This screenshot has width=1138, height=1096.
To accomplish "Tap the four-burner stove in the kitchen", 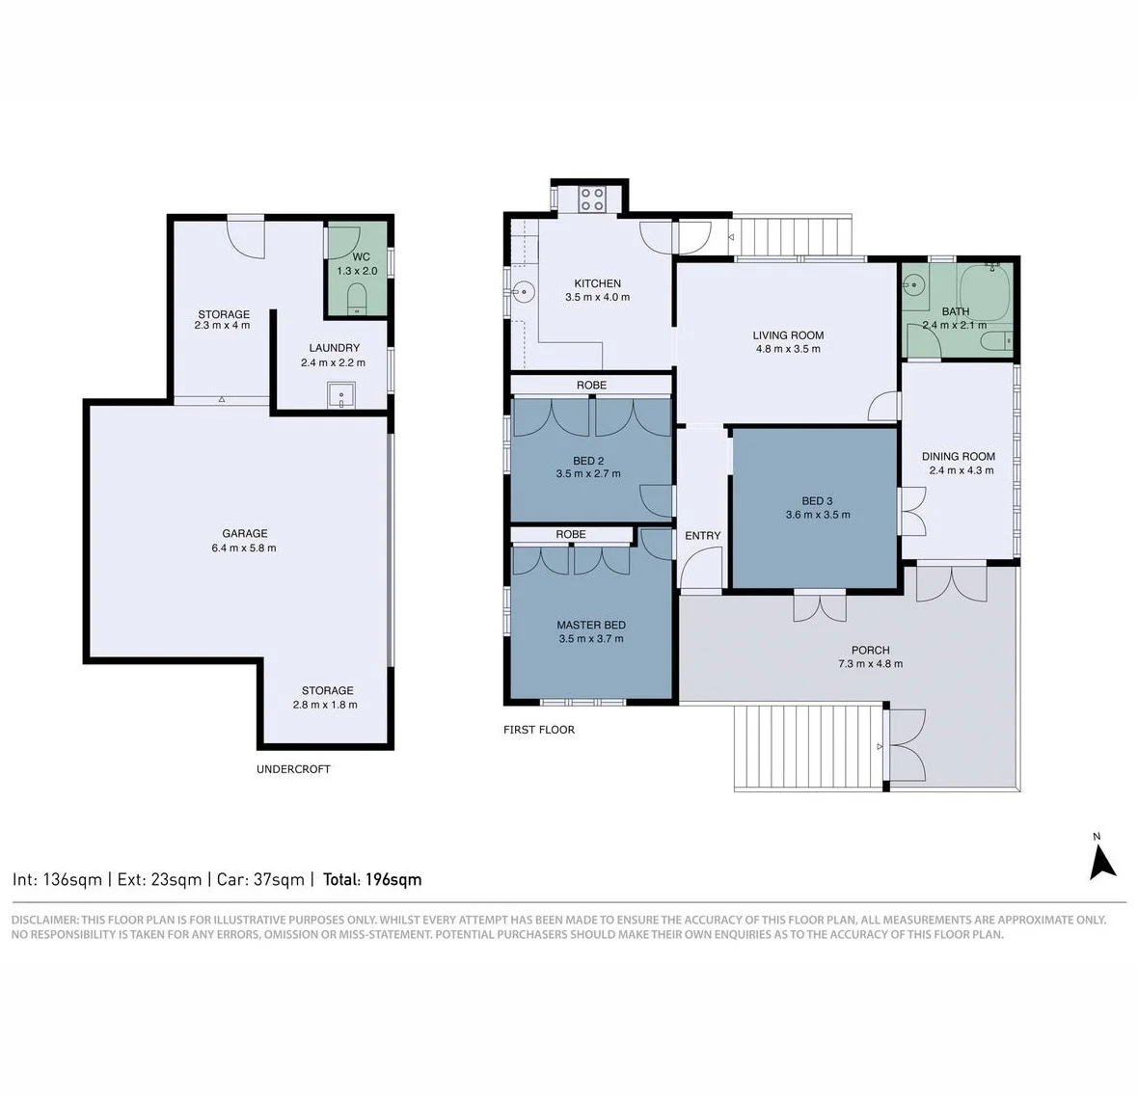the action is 592,200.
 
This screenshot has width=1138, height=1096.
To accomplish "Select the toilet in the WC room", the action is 357,299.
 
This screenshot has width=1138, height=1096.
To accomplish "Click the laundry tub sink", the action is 341,395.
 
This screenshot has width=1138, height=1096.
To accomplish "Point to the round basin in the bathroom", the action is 914,284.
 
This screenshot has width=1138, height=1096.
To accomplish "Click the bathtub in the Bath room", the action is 985,289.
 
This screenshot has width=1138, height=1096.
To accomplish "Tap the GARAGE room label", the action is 245,533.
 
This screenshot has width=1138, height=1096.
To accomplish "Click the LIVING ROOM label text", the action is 788,335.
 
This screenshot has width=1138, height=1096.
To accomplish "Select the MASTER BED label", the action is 591,625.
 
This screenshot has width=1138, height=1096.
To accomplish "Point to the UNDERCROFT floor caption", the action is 293,769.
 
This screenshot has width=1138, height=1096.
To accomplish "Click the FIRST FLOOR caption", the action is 538,730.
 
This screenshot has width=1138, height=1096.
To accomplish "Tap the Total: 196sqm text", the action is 372,879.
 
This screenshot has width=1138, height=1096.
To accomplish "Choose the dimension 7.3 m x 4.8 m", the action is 870,664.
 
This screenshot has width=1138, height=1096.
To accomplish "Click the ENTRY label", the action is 702,535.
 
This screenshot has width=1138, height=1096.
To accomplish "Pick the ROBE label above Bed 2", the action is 591,386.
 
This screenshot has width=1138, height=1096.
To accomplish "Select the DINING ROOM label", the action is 958,456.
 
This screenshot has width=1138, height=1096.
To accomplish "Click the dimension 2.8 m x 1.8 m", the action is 325,705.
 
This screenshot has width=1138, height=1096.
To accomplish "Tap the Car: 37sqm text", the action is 260,879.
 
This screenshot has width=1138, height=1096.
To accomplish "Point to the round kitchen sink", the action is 523,293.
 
